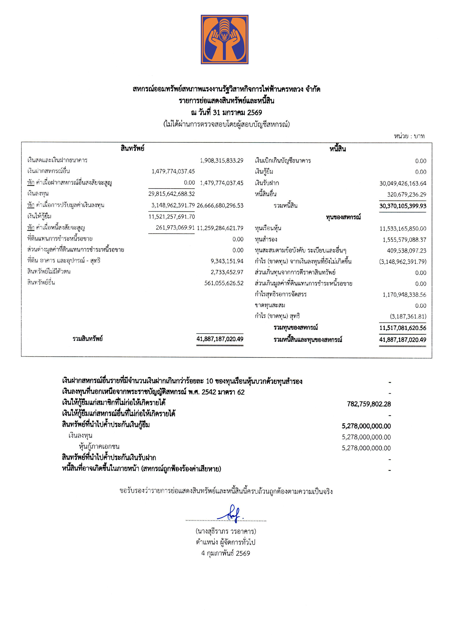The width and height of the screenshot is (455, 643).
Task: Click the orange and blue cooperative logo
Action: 224,39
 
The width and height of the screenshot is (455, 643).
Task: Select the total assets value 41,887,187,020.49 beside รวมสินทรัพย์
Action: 220,339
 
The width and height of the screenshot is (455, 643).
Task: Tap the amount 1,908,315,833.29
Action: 222,161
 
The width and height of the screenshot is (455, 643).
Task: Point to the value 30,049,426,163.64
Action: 403,183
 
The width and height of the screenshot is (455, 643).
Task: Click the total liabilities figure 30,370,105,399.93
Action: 403,206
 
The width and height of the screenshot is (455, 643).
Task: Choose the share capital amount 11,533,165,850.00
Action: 403,229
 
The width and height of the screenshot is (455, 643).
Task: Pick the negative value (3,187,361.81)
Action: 408,317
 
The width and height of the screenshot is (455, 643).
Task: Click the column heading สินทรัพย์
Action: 132,148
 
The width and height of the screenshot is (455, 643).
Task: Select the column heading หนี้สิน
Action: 338,149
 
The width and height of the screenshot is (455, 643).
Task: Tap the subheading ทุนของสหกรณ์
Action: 343,217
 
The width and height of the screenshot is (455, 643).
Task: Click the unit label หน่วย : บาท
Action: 409,136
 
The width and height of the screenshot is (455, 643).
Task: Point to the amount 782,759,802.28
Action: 369,404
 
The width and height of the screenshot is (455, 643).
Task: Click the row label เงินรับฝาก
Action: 267,183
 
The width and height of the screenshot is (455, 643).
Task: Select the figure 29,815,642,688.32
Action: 172,194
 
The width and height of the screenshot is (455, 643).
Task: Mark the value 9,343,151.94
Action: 227,261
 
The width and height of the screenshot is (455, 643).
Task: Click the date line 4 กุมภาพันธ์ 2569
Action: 226,554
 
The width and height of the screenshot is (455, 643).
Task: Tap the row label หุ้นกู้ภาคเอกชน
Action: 99,447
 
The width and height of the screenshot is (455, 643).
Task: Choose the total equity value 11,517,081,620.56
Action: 403,328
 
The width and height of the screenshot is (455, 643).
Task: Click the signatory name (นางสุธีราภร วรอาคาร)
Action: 226,531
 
